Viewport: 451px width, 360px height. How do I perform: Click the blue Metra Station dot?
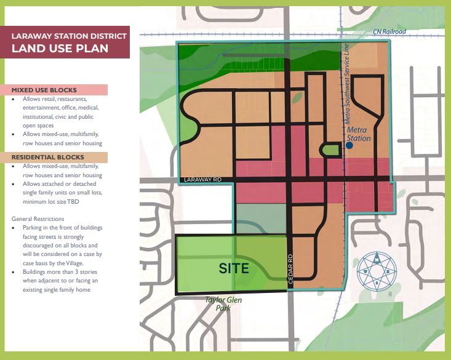(x=349, y=146)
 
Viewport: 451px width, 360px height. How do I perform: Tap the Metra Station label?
(x=359, y=134)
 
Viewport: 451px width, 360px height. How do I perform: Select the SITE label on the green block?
(x=234, y=268)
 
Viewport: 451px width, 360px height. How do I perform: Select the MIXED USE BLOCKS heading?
(x=41, y=90)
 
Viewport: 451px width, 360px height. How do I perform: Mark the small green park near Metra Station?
(x=330, y=149)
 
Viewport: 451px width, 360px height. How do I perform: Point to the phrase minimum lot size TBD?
(x=51, y=202)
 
